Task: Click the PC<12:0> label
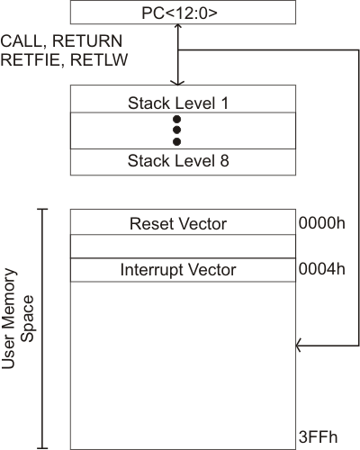coord(179,13)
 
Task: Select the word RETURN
coord(87,40)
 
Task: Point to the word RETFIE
coord(30,60)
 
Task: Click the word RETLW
coord(99,59)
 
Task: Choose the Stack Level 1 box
coord(183,99)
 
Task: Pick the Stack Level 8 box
coord(183,162)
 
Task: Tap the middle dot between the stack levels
coord(177,130)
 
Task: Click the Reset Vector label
coord(178,224)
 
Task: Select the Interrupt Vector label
coord(178,270)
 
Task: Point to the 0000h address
coord(322,223)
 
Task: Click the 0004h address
coord(322,269)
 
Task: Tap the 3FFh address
coord(318,437)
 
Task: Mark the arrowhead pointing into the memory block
coord(299,346)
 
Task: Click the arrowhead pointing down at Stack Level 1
coord(177,83)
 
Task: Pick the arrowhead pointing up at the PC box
coord(178,27)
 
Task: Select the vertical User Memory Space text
coord(18,319)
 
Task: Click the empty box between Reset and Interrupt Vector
coord(183,247)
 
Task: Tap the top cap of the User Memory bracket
coord(42,209)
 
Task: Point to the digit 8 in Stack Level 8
coord(224,161)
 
